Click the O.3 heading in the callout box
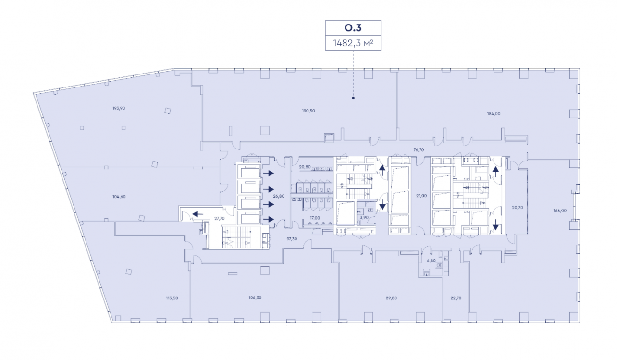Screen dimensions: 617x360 tap(353, 28)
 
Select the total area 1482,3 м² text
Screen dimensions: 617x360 tap(353, 43)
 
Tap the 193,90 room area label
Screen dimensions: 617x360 tap(119, 108)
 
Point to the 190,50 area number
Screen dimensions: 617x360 tap(308, 111)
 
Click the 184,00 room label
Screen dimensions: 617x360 tap(494, 114)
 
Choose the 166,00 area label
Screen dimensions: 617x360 tap(560, 211)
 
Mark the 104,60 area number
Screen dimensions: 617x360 tap(119, 197)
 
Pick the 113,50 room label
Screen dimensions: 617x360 tap(172, 298)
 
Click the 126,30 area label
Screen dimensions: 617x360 tap(255, 298)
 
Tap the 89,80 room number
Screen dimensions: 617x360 tap(392, 298)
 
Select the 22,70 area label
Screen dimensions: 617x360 tap(456, 298)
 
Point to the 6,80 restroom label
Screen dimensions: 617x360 tap(432, 261)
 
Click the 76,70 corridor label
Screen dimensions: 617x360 tap(419, 150)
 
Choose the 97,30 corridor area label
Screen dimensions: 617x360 tap(292, 239)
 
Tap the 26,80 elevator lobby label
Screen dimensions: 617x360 tap(279, 196)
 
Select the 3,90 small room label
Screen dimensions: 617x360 tap(364, 218)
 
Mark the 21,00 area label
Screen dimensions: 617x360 tap(421, 196)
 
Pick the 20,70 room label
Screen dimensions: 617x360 tap(517, 208)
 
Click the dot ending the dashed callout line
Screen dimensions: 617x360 tap(353, 98)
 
